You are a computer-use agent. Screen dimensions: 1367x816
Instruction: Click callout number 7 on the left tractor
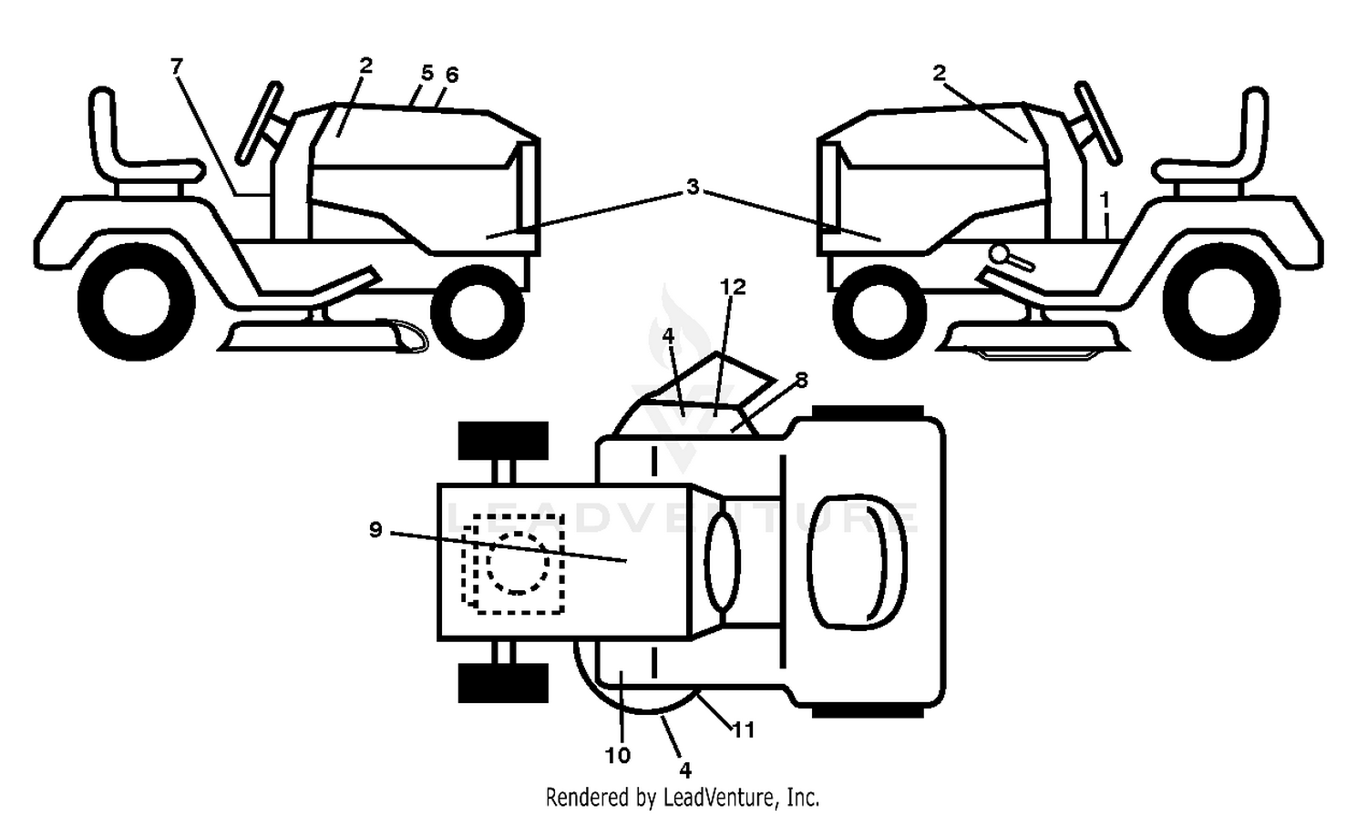(177, 66)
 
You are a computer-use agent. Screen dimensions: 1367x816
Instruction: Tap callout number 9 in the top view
(375, 530)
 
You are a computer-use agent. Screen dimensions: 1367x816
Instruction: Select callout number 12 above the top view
(733, 287)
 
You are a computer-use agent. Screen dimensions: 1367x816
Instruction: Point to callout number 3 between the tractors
(692, 188)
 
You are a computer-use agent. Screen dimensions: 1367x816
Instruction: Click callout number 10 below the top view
(618, 756)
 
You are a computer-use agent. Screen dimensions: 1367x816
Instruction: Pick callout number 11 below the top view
(744, 729)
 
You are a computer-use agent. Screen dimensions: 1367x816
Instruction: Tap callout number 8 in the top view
(801, 380)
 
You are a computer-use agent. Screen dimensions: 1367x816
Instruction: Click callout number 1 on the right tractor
(1104, 199)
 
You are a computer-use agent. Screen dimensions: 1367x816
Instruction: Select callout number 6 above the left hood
(452, 75)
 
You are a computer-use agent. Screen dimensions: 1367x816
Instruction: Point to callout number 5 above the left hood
(427, 73)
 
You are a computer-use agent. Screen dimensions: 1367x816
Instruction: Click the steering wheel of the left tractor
(259, 123)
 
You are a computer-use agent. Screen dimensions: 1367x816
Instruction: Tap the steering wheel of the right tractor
(1098, 123)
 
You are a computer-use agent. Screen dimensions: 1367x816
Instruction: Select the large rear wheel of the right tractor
(1221, 302)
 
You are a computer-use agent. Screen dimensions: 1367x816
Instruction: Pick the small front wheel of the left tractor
(478, 311)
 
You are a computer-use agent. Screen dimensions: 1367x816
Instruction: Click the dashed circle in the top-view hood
(519, 562)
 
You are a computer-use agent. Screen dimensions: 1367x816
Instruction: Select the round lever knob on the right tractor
(1001, 253)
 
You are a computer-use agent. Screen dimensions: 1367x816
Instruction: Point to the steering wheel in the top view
(723, 561)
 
